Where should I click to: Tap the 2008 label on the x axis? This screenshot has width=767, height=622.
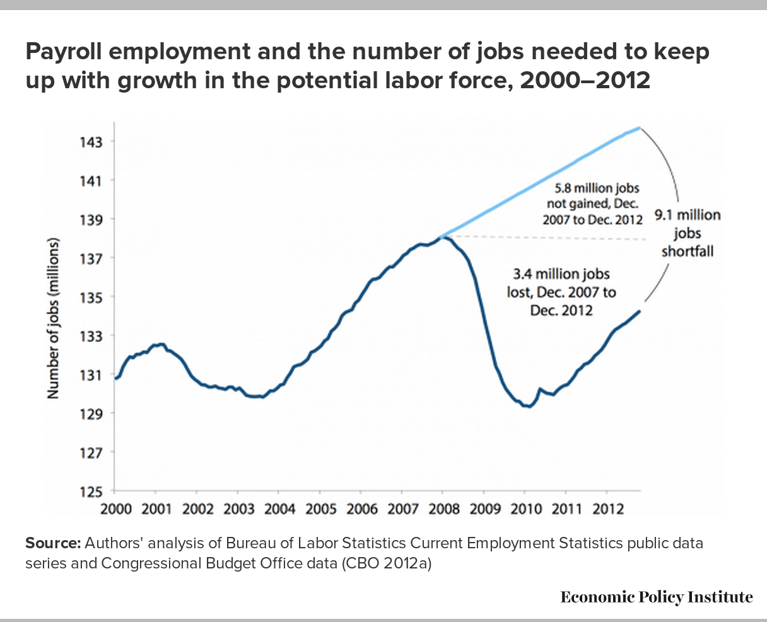pyautogui.click(x=443, y=509)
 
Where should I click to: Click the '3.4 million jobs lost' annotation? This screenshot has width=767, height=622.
pyautogui.click(x=561, y=292)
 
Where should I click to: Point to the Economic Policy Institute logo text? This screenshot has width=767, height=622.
pyautogui.click(x=656, y=597)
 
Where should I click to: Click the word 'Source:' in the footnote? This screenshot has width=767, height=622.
pyautogui.click(x=52, y=543)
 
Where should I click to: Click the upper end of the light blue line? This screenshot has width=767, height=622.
pyautogui.click(x=640, y=127)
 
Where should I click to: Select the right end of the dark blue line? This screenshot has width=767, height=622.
pyautogui.click(x=640, y=311)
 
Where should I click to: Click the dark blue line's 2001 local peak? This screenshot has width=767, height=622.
pyautogui.click(x=162, y=344)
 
